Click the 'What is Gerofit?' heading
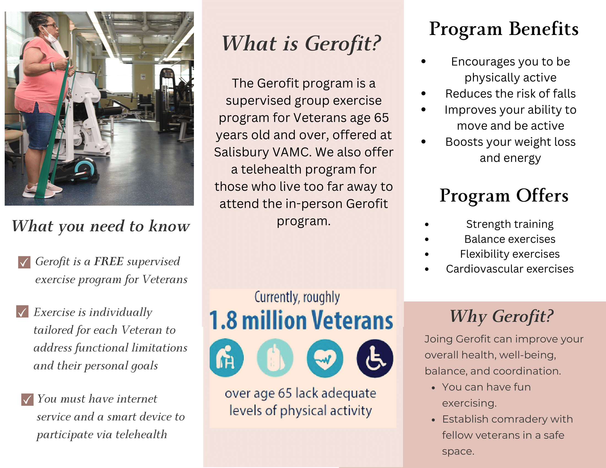coord(301,44)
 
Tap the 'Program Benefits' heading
coord(504,29)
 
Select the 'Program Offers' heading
coord(504,196)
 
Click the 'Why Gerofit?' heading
coord(501,316)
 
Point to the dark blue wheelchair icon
coord(375,358)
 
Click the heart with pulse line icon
coord(325,358)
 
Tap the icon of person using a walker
coord(226,358)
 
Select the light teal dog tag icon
coord(275,358)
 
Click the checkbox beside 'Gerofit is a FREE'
coord(24,262)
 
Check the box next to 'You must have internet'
coord(27,399)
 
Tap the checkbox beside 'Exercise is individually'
coord(22,312)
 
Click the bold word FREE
coord(109,261)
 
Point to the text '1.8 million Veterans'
coord(301,320)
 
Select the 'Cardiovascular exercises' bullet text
coord(509,269)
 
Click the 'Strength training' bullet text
coord(509,224)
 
